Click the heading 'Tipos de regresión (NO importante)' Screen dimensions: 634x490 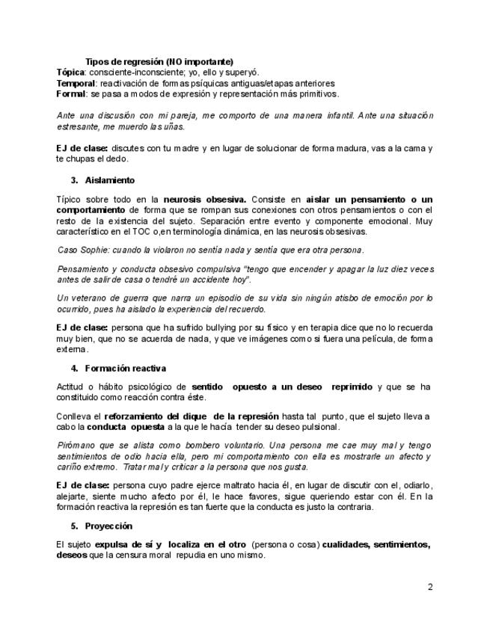[x=159, y=61]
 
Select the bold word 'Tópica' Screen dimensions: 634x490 [x=70, y=73]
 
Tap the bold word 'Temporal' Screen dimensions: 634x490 [x=76, y=84]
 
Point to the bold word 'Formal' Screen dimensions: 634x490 [x=71, y=94]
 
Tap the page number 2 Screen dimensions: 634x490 [x=430, y=587]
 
